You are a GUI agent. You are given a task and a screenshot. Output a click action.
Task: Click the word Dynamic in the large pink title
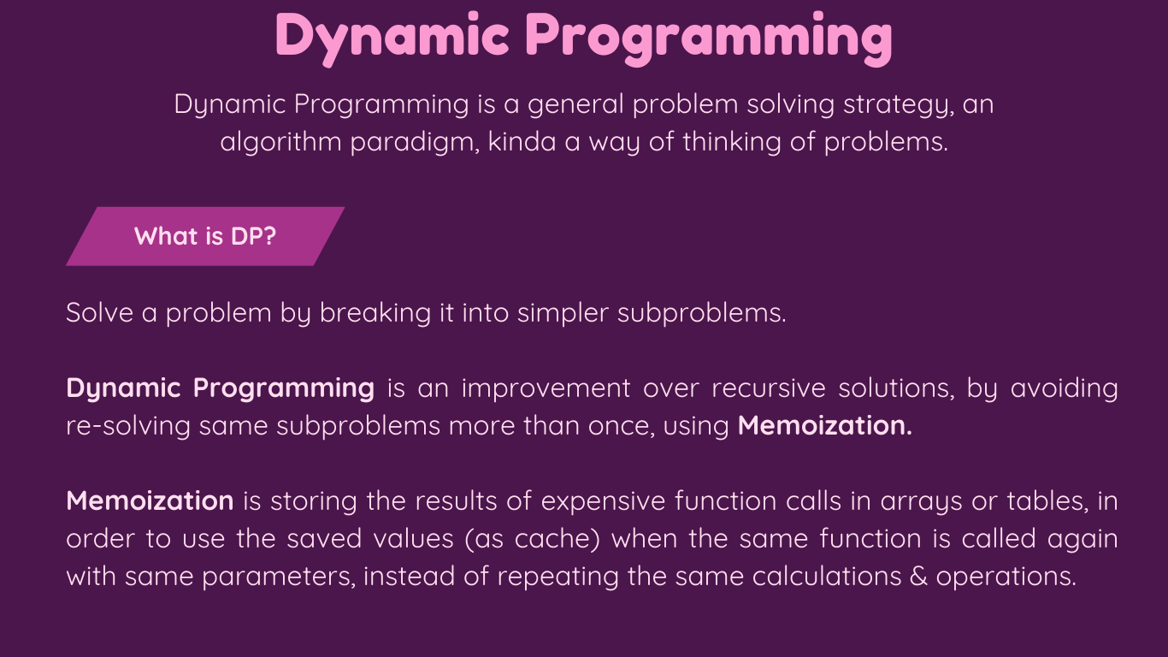pyautogui.click(x=392, y=38)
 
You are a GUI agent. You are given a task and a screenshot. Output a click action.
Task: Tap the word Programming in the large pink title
pyautogui.click(x=709, y=38)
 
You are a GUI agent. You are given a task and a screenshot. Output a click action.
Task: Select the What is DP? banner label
pyautogui.click(x=205, y=236)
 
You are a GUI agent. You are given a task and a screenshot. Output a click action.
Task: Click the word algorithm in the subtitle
pyautogui.click(x=280, y=142)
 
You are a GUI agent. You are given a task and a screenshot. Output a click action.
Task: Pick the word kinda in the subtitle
pyautogui.click(x=522, y=141)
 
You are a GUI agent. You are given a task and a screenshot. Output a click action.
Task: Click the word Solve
pyautogui.click(x=99, y=312)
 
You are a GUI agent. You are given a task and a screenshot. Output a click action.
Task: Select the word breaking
pyautogui.click(x=375, y=314)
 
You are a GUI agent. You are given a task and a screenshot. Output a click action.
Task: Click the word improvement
pyautogui.click(x=546, y=388)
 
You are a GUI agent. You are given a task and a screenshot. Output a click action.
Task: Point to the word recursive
pyautogui.click(x=769, y=388)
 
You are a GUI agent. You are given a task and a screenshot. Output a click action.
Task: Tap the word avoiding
pyautogui.click(x=1065, y=389)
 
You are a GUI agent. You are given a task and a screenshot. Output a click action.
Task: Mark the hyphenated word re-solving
pyautogui.click(x=128, y=426)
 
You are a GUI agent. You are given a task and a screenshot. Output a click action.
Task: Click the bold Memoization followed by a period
pyautogui.click(x=825, y=425)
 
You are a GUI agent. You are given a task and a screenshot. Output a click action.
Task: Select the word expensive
pyautogui.click(x=604, y=502)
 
